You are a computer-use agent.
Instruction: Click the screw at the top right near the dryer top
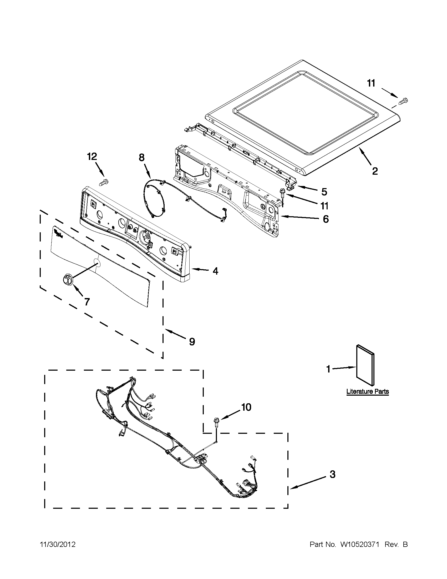click(x=403, y=101)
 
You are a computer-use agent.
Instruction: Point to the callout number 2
click(x=375, y=171)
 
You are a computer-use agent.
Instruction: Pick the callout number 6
click(x=325, y=219)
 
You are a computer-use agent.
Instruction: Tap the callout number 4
click(x=216, y=271)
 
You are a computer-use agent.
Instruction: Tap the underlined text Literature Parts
click(x=368, y=391)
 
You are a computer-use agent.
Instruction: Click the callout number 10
click(x=246, y=407)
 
